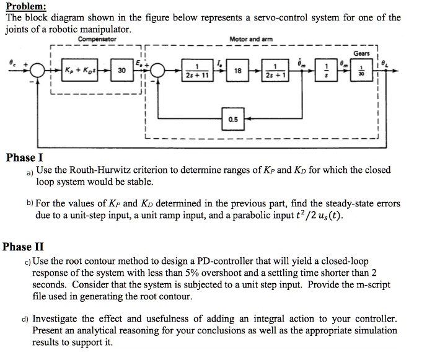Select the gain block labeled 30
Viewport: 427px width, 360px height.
coord(121,71)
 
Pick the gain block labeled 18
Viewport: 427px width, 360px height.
coord(236,71)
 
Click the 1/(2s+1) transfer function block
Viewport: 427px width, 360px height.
coord(273,71)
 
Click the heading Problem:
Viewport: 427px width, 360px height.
coord(25,6)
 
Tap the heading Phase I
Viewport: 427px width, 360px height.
coord(24,157)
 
